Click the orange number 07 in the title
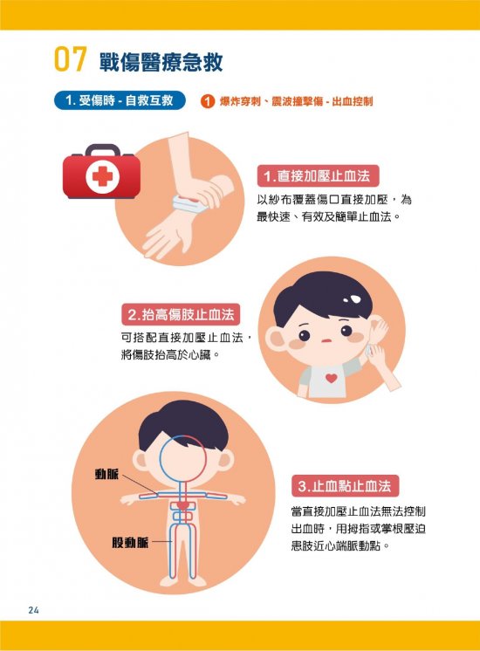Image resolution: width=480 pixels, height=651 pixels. point(70,59)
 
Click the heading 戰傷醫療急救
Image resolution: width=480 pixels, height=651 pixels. point(161,62)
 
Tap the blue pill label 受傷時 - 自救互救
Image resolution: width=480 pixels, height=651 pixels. point(120,100)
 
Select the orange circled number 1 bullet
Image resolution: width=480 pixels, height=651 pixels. point(207,101)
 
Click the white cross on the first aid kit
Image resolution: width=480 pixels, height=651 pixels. point(103,176)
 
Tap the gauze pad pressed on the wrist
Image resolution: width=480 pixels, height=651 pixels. point(188,203)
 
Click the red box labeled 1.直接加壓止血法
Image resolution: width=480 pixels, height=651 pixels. point(318,176)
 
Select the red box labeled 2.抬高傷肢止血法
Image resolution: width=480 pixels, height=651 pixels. point(181,314)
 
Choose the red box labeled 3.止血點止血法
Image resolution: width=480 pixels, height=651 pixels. point(345,486)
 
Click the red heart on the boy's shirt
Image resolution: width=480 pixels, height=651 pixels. point(331,378)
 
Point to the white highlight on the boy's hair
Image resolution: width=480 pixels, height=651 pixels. point(353,299)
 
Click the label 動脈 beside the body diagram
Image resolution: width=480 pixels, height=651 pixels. point(106,474)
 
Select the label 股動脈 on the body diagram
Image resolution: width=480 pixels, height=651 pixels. point(130,542)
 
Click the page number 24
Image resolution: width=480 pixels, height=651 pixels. point(34,610)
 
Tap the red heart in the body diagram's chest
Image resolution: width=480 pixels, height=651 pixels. point(182,505)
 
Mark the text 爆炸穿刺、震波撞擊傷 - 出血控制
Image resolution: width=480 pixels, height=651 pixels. point(296,101)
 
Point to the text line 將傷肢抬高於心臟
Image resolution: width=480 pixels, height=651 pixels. point(170,355)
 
